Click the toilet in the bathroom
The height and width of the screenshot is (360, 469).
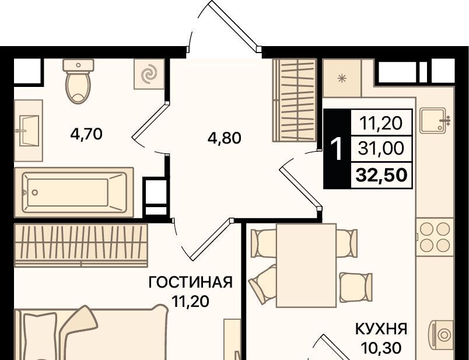(78, 82)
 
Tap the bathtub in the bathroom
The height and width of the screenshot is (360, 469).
(74, 193)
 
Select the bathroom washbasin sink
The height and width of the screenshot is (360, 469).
(29, 131)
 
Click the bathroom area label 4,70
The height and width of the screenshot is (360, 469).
(86, 134)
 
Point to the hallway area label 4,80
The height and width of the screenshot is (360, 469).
(225, 138)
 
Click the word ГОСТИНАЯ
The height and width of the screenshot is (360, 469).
(191, 282)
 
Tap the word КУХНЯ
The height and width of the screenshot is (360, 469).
(381, 329)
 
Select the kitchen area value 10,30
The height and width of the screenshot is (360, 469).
(381, 347)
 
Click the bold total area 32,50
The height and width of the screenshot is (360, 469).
(381, 175)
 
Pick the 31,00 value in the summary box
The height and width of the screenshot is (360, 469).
(381, 148)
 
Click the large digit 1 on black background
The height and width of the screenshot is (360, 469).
(337, 149)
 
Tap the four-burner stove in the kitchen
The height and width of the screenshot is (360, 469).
(435, 237)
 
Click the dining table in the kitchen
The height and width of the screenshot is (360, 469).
(306, 265)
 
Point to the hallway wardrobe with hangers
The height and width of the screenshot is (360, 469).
(295, 100)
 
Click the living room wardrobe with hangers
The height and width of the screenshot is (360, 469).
(81, 245)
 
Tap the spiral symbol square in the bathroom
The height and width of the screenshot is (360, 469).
(149, 74)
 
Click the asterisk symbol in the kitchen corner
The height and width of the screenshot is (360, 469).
(342, 79)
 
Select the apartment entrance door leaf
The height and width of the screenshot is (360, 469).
(235, 26)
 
